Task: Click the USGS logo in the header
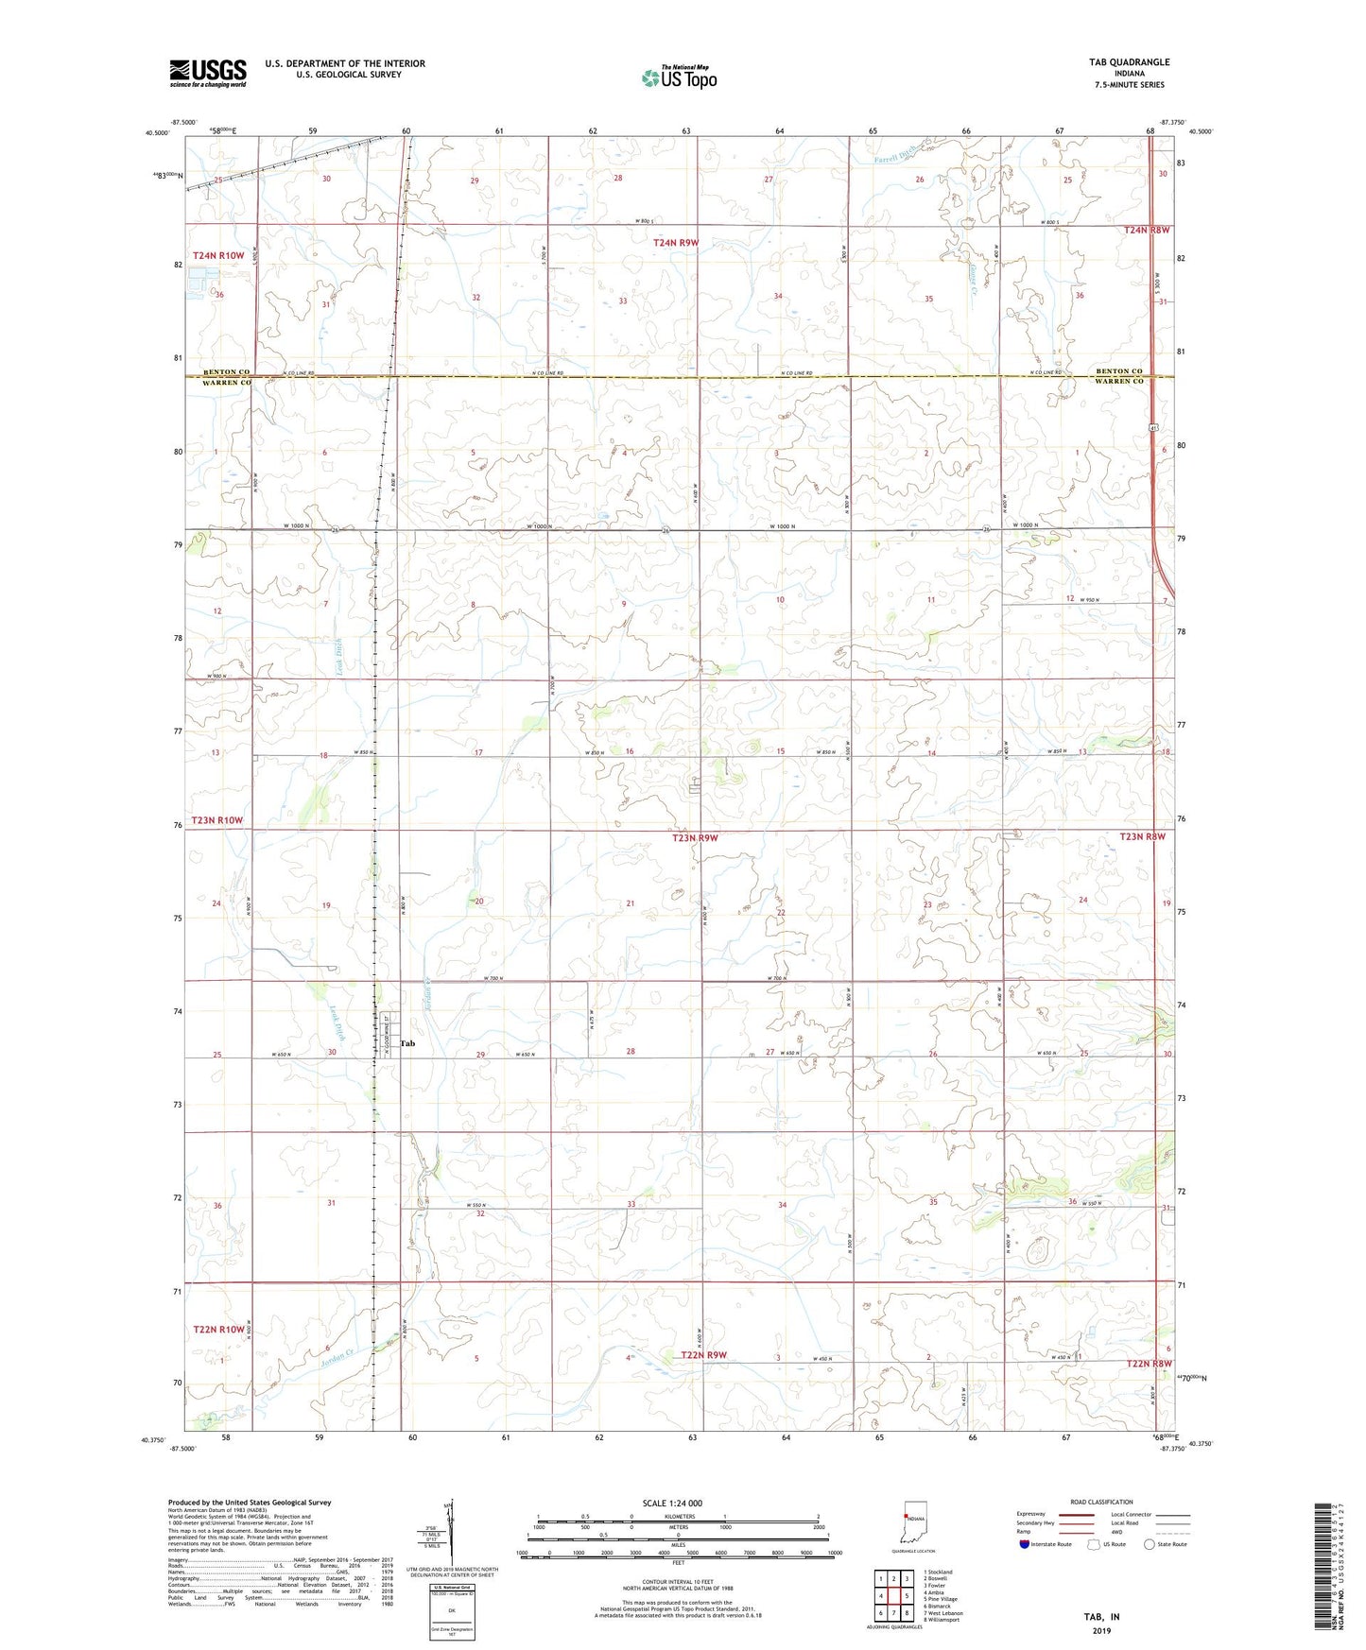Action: pyautogui.click(x=208, y=73)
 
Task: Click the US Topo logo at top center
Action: pyautogui.click(x=678, y=77)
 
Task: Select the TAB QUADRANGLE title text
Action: pyautogui.click(x=1129, y=62)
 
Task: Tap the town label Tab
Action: pyautogui.click(x=407, y=1043)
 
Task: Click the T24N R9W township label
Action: pyautogui.click(x=676, y=243)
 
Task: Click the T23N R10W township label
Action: pyautogui.click(x=217, y=820)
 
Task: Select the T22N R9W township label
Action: pyautogui.click(x=704, y=1355)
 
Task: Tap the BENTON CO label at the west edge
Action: pyautogui.click(x=226, y=372)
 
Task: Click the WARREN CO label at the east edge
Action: pyautogui.click(x=1119, y=381)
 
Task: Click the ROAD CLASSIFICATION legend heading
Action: pyautogui.click(x=1101, y=1502)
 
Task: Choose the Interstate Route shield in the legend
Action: pyautogui.click(x=1024, y=1544)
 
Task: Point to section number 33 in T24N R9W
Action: pyautogui.click(x=623, y=301)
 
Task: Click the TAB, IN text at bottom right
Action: pyautogui.click(x=1101, y=1617)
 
